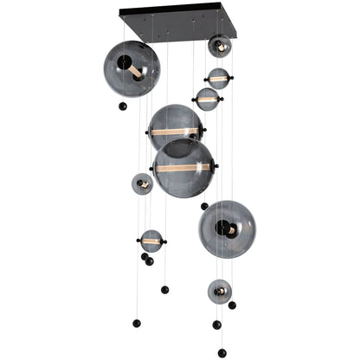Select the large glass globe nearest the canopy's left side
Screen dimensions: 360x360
click(132, 67)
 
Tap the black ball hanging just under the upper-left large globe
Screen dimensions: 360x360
click(122, 106)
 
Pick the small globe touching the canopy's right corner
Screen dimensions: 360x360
click(219, 46)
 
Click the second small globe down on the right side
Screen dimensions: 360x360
click(218, 79)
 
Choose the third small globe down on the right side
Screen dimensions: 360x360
click(208, 100)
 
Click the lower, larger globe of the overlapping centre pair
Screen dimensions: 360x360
click(183, 167)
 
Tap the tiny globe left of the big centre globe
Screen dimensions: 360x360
click(142, 183)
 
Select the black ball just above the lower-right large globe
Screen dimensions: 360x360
click(204, 206)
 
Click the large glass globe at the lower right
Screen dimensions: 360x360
click(227, 228)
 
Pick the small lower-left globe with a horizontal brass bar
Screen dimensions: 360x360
click(151, 241)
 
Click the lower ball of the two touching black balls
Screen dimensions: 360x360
click(150, 261)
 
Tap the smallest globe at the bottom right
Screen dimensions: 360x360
click(219, 291)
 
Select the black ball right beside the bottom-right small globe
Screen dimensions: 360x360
click(232, 305)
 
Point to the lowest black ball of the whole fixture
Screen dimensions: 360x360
click(222, 352)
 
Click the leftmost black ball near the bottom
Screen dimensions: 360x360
click(136, 324)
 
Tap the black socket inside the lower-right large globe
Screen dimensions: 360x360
click(224, 228)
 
